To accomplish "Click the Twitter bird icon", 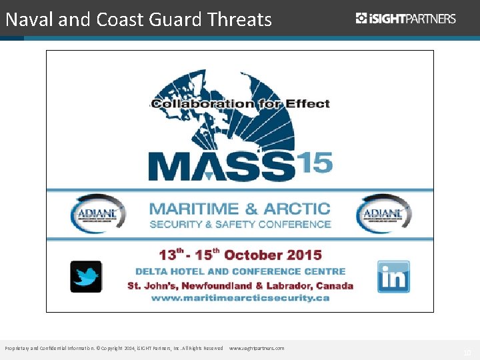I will tap(86, 277).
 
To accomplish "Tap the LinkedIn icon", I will tap(393, 277).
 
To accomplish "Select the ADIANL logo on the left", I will tap(97, 213).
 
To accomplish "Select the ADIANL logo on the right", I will tap(383, 213).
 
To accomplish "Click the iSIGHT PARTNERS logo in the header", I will tap(406, 19).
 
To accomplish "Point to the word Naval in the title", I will tap(29, 20).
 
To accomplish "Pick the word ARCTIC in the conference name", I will tap(297, 209).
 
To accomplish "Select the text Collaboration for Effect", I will tap(240, 103).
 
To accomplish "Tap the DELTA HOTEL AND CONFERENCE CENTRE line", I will tap(240, 271).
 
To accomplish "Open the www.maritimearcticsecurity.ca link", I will tap(240, 298).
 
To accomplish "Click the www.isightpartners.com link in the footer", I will tap(257, 348).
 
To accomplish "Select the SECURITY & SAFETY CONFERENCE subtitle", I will tap(240, 224).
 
